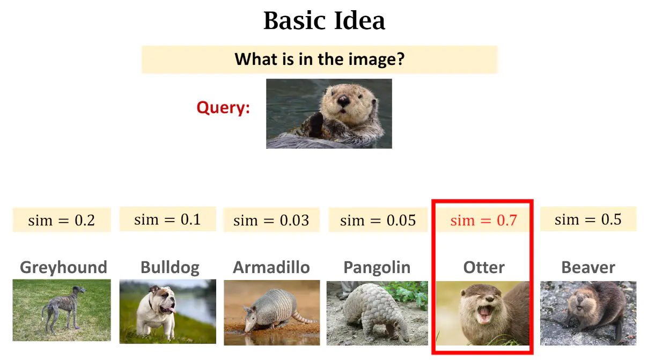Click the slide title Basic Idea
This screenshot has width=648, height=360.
tap(324, 21)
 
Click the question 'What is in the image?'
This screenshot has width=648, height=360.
tap(319, 59)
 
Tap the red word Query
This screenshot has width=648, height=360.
tap(223, 108)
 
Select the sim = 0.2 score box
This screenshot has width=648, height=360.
tap(62, 220)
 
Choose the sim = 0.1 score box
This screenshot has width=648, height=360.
tap(167, 219)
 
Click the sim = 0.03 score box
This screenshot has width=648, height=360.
tap(271, 220)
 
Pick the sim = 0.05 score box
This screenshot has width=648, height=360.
tap(378, 220)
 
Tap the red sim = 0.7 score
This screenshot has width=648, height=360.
tap(483, 220)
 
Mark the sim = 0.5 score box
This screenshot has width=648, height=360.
tap(588, 219)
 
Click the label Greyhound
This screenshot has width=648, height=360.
tap(63, 267)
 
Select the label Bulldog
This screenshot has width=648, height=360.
tap(170, 267)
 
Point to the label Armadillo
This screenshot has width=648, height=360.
tap(271, 267)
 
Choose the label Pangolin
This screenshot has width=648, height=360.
tap(377, 267)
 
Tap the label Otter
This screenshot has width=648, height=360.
tap(484, 267)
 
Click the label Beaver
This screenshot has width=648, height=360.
tap(588, 267)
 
